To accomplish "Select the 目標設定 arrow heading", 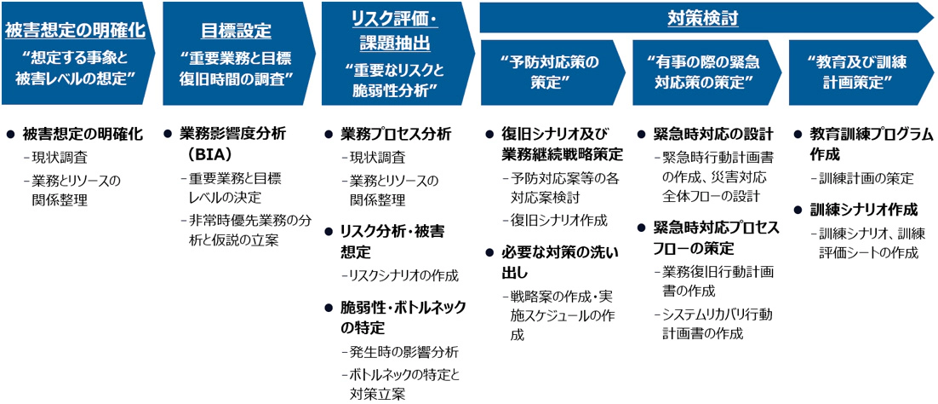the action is [x=235, y=31].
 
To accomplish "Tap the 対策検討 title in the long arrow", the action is [x=702, y=19].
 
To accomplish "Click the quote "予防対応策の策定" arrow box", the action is [x=552, y=72].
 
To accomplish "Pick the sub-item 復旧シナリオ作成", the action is [x=555, y=220].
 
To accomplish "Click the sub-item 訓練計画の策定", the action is [x=862, y=178].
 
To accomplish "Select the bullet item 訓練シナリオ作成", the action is [x=863, y=211].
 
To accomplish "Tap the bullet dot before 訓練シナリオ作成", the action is [x=798, y=211].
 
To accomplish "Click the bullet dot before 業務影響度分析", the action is [x=168, y=135].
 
